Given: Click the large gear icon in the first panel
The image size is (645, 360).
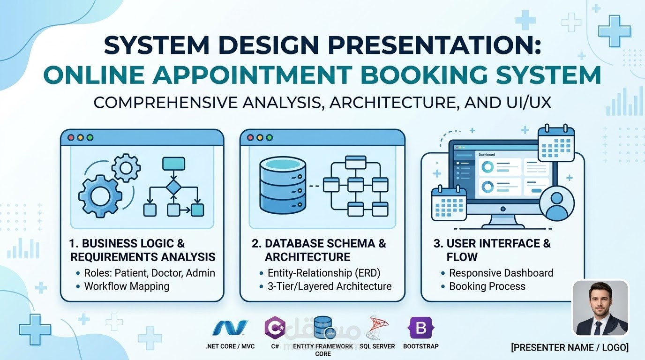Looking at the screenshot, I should (x=100, y=196).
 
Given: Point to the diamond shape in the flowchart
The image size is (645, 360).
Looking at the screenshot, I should (x=173, y=187).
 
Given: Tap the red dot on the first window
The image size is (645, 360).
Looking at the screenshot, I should (x=71, y=138).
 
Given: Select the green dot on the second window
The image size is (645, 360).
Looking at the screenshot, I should (x=269, y=138).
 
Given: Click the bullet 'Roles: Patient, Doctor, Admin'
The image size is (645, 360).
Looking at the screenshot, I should (x=149, y=273).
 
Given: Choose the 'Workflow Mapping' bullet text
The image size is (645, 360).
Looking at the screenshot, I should (x=127, y=286).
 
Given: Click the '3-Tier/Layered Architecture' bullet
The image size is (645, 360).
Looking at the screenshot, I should (x=329, y=286).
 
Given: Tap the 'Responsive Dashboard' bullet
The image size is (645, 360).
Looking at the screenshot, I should (x=501, y=273).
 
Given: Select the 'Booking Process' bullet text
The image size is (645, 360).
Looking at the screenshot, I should (x=487, y=286).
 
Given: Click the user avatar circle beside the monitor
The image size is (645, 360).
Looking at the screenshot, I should (x=556, y=204).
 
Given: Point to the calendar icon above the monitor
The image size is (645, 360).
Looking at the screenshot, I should (x=556, y=143).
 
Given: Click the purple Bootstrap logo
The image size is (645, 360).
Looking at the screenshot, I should (x=421, y=328).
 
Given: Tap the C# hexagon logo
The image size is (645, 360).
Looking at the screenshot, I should (x=275, y=328).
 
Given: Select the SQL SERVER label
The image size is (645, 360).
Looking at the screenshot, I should (x=377, y=346).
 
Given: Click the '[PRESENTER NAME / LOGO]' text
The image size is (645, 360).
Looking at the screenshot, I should (x=570, y=347).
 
